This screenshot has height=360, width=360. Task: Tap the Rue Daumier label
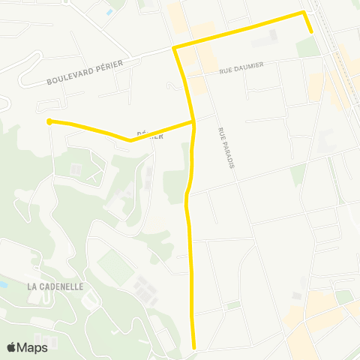pos(241,68)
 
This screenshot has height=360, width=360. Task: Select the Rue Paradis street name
pos(223,148)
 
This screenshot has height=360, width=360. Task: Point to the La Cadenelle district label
pos(54,286)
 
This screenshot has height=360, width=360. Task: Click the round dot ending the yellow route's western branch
pos(49,121)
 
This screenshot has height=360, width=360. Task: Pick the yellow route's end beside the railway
pos(311,32)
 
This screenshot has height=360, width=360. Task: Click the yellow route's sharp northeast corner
pos(303,13)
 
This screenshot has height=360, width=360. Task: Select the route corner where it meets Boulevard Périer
pos(174,48)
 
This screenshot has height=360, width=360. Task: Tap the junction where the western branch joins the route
pos(194,121)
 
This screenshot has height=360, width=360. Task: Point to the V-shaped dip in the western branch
pos(130,139)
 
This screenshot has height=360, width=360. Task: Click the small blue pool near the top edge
pos(109,12)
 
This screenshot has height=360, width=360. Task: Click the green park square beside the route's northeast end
pos(307,46)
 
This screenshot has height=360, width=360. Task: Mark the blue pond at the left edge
pos(2,286)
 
